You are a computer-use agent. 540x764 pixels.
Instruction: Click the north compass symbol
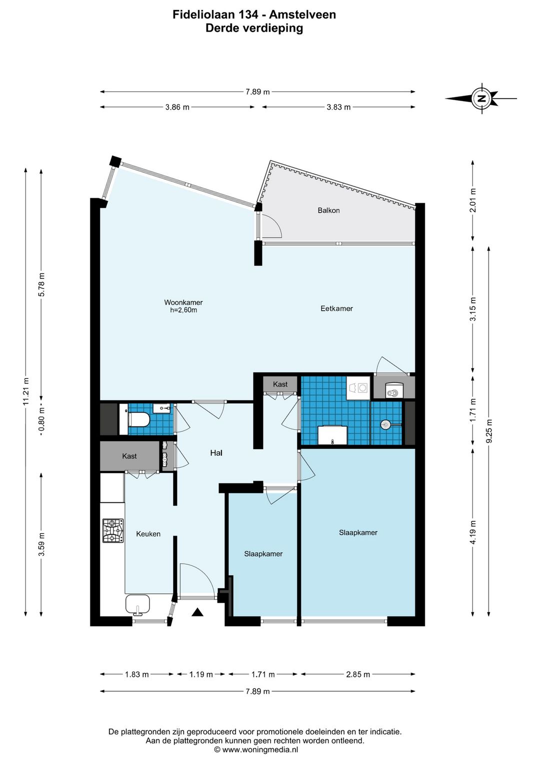click(x=481, y=98)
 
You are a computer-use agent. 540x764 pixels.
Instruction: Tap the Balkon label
click(x=328, y=210)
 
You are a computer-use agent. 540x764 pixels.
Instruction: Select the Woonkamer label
click(x=183, y=302)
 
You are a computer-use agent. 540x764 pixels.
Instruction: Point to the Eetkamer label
click(x=336, y=308)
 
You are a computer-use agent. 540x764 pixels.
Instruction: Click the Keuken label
click(x=148, y=534)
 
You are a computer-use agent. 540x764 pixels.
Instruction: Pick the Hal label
click(x=216, y=453)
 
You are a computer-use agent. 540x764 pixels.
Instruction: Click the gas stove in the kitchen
click(x=113, y=531)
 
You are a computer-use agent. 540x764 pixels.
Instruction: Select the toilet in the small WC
click(x=138, y=420)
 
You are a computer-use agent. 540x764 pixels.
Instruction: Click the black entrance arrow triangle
click(x=197, y=612)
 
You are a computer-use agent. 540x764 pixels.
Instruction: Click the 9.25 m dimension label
click(x=489, y=431)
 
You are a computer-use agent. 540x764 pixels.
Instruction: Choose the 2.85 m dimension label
click(x=357, y=674)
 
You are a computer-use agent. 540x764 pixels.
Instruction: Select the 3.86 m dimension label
click(x=177, y=107)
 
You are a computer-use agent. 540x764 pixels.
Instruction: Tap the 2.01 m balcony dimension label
click(x=473, y=200)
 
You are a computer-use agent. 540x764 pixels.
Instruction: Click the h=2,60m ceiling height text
click(x=183, y=310)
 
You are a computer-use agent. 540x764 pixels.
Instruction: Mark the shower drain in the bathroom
click(x=385, y=425)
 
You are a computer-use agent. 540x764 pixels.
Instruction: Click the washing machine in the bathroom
click(x=358, y=388)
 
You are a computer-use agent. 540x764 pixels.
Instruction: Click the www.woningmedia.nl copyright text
click(x=256, y=749)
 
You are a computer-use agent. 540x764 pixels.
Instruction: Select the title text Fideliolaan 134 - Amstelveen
click(x=254, y=15)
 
